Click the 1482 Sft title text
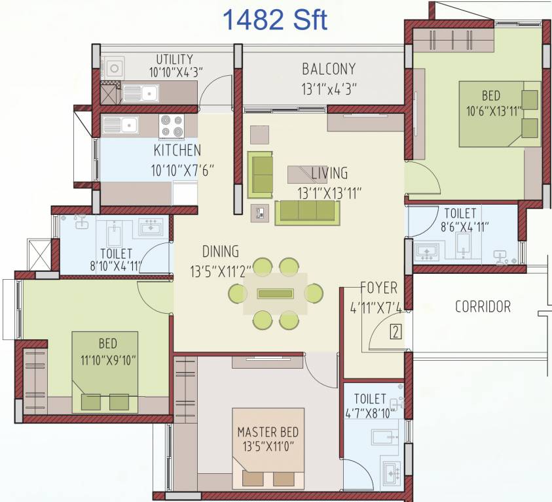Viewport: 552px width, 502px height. (x=275, y=20)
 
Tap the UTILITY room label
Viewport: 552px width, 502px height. (x=174, y=59)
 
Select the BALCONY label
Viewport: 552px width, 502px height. (x=329, y=69)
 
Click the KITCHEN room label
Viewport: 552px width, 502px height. (x=177, y=150)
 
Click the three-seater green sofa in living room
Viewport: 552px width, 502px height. (x=306, y=212)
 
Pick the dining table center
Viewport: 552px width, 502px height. (x=275, y=293)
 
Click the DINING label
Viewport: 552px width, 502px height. (x=221, y=252)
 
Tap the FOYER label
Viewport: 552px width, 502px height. (x=379, y=288)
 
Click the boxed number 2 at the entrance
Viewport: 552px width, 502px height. (x=395, y=331)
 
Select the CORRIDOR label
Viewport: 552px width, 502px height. (x=483, y=306)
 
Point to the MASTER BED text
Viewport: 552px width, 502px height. (x=268, y=432)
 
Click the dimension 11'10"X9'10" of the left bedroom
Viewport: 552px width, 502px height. (x=108, y=359)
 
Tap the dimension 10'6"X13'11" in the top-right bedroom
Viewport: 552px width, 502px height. (x=494, y=111)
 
